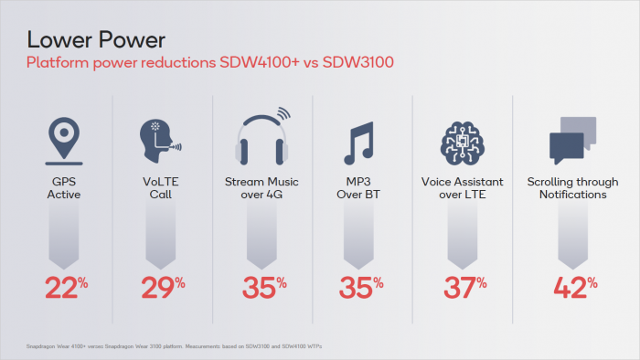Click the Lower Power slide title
[x=96, y=39]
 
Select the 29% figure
[x=162, y=286]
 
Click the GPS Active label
[x=63, y=188]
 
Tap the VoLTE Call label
[x=162, y=188]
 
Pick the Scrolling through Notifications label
[x=567, y=188]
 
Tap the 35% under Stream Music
[x=261, y=286]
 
